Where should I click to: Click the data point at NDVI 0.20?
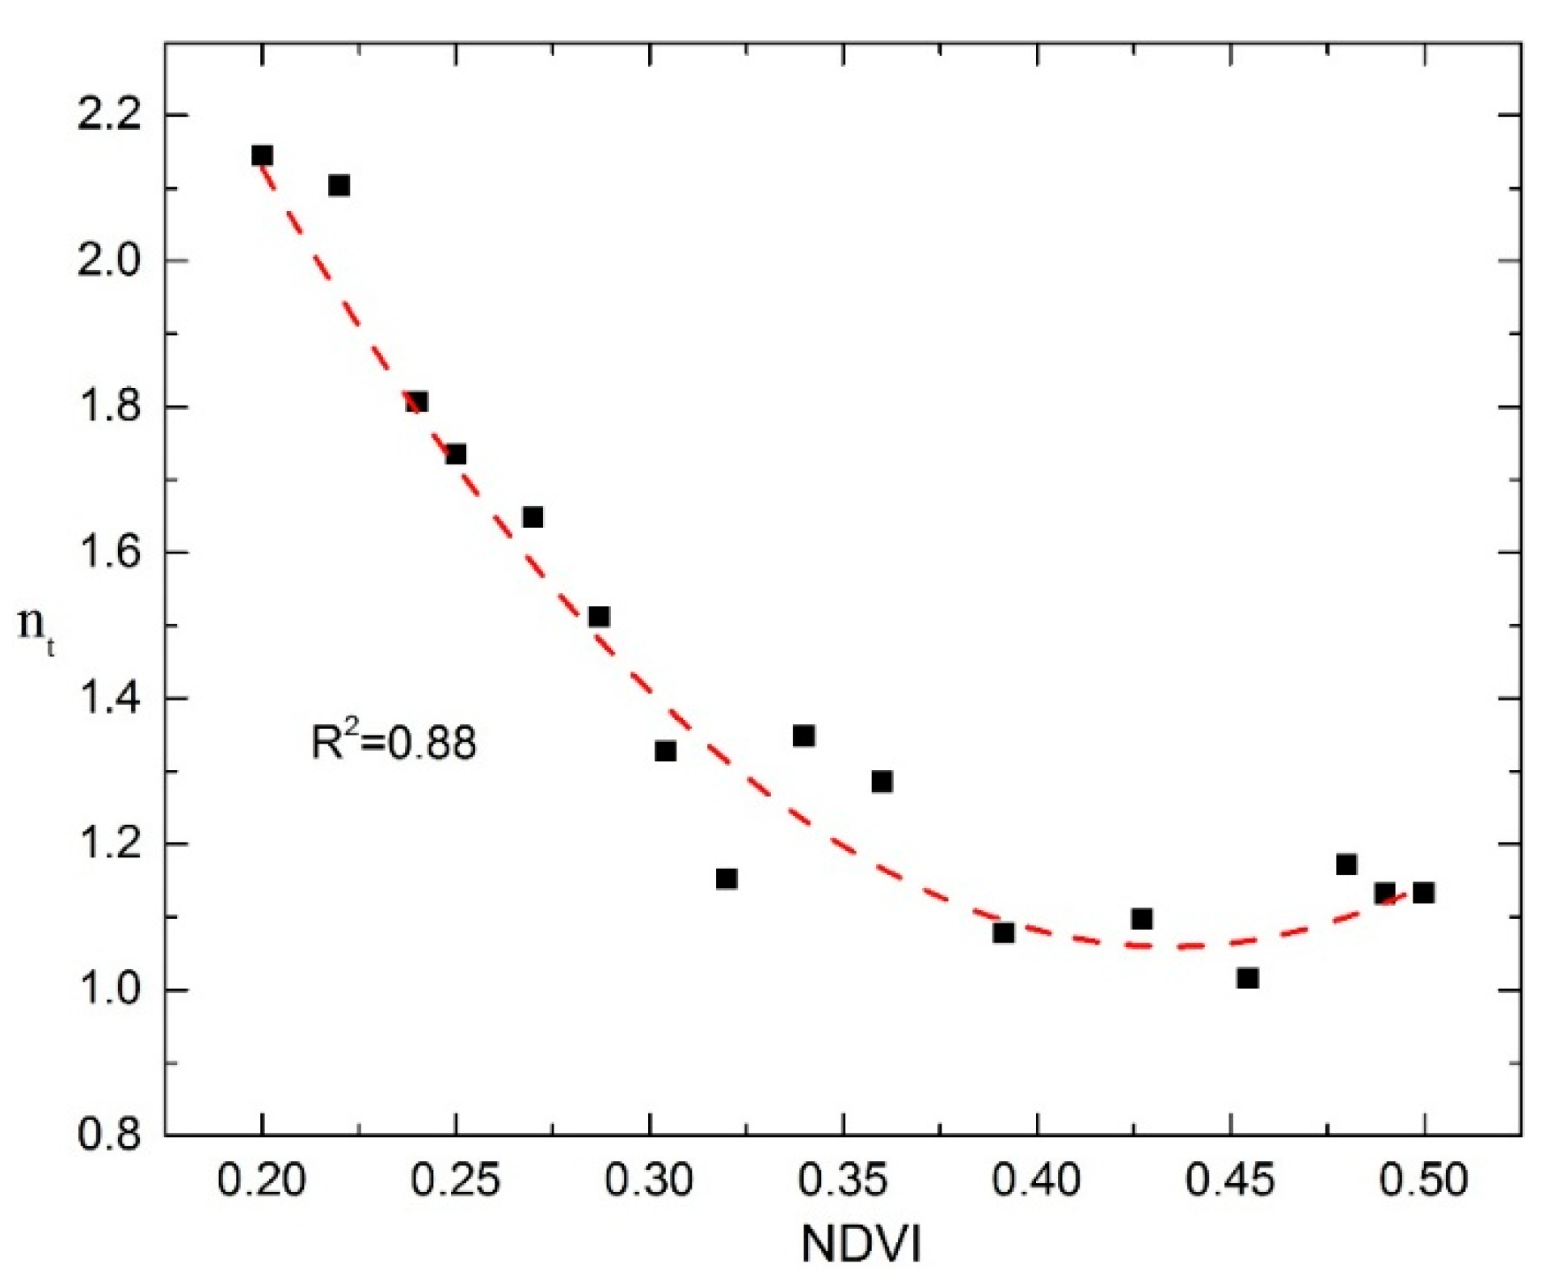pyautogui.click(x=262, y=155)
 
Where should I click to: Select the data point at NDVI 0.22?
pyautogui.click(x=339, y=185)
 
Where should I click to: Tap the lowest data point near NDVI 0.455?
pyautogui.click(x=1247, y=979)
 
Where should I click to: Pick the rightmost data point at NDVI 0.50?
pyautogui.click(x=1423, y=893)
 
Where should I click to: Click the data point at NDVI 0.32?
pyautogui.click(x=727, y=878)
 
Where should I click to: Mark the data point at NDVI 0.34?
pyautogui.click(x=803, y=735)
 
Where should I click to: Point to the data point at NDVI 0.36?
pyautogui.click(x=882, y=781)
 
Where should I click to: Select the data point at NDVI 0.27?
pyautogui.click(x=533, y=516)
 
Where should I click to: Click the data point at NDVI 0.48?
pyautogui.click(x=1346, y=865)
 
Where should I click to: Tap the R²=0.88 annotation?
pyautogui.click(x=394, y=742)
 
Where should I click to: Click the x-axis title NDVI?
pyautogui.click(x=861, y=1244)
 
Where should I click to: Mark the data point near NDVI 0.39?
pyautogui.click(x=1003, y=933)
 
